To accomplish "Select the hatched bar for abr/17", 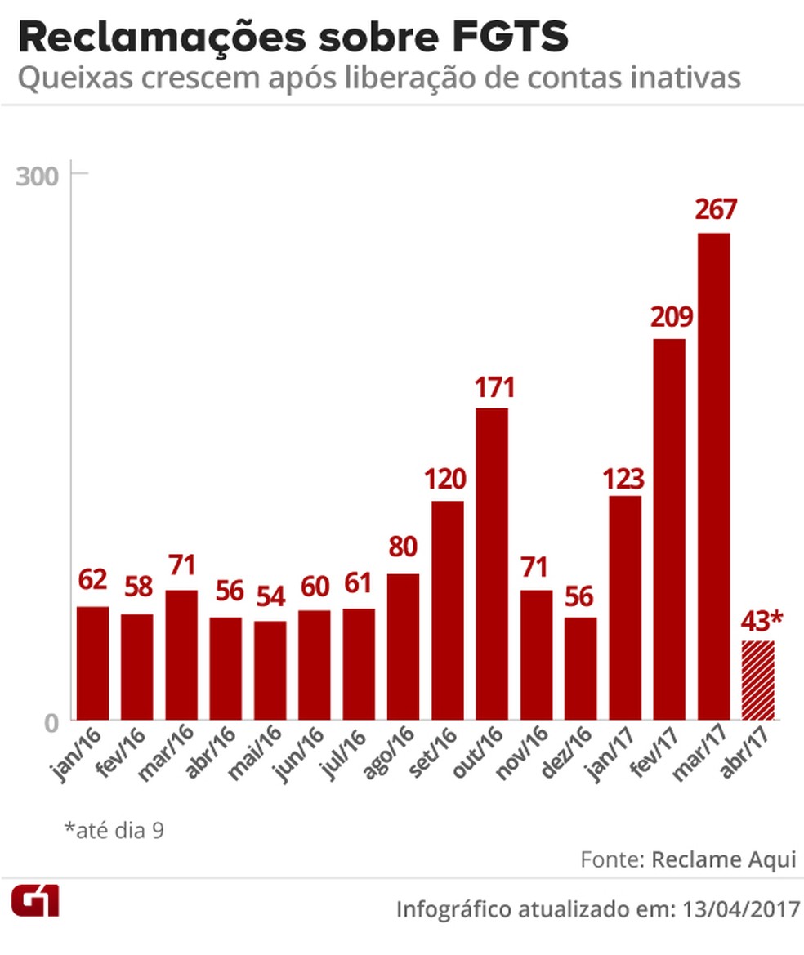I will (x=757, y=681).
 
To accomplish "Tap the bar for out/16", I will (x=492, y=564).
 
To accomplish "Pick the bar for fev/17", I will (x=669, y=529).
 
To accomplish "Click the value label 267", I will (x=716, y=210).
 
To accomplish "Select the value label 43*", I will (x=761, y=621).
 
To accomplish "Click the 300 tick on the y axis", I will (x=38, y=176).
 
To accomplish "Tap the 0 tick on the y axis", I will (x=51, y=723).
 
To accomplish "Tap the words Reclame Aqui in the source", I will (x=724, y=859).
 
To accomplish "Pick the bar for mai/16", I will (x=270, y=671).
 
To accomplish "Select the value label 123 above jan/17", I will (x=625, y=478).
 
